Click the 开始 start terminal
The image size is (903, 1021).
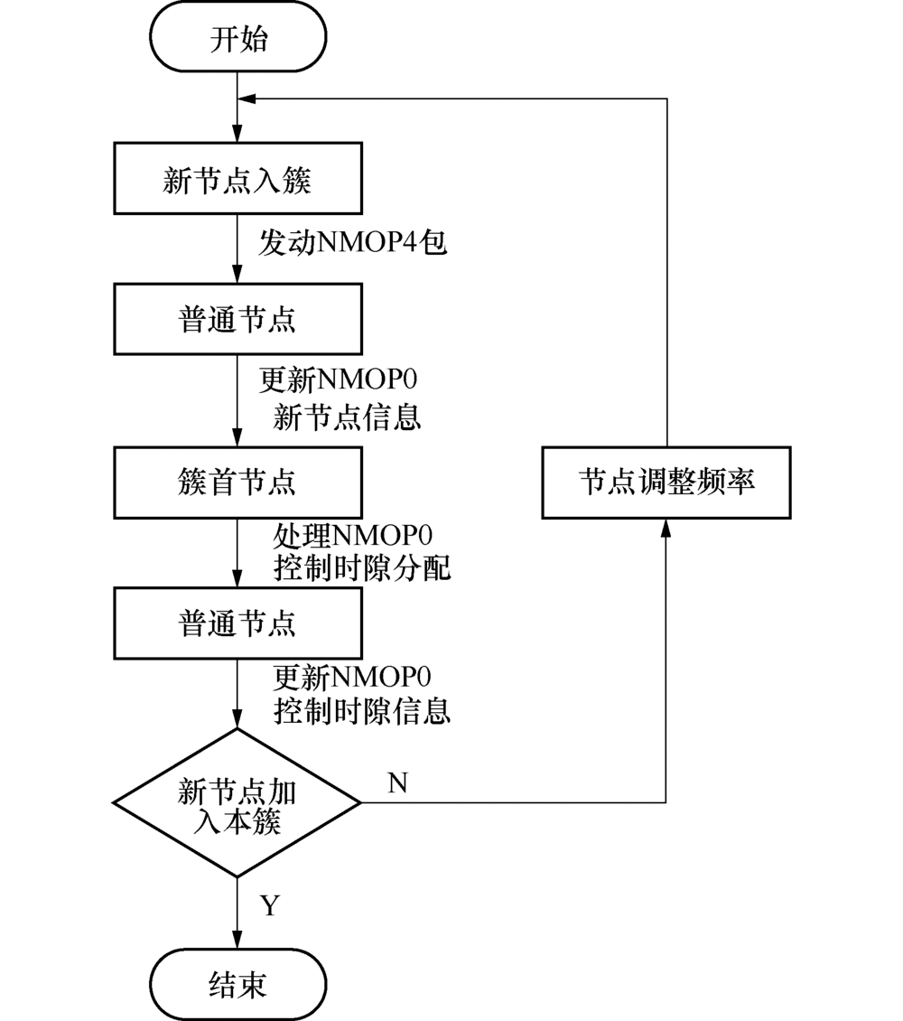[237, 42]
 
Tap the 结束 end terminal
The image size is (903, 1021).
[237, 984]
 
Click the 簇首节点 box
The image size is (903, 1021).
[237, 482]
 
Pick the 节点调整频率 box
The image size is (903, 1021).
[666, 482]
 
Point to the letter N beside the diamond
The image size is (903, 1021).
[397, 783]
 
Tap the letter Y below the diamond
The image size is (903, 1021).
[269, 906]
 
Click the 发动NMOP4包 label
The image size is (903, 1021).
[352, 242]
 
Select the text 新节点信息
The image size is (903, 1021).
[347, 417]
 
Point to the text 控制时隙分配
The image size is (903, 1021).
[361, 569]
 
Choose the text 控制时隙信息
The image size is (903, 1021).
[361, 710]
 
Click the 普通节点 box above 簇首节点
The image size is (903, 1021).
[237, 320]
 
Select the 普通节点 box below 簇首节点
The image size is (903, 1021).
[237, 623]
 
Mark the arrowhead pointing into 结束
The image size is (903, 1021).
[237, 941]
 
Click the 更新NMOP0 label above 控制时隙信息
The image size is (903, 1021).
[352, 676]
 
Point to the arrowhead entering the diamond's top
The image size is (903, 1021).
[237, 720]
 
